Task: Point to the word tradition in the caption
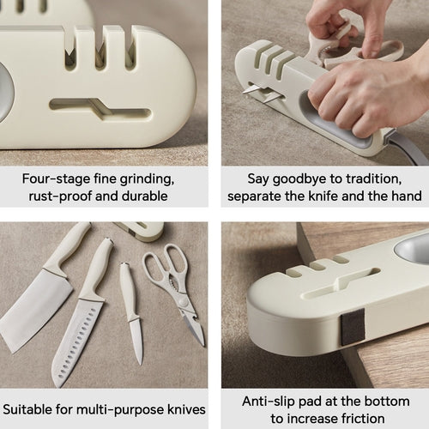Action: [386, 180]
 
